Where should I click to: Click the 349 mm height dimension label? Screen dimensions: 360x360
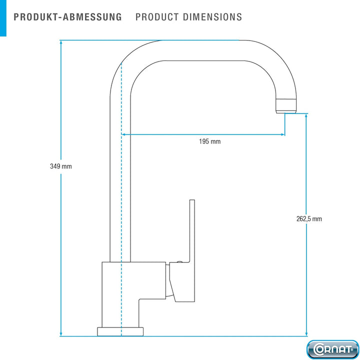click(61, 166)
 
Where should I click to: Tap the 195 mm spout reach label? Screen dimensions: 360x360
click(210, 141)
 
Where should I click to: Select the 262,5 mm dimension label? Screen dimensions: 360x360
click(309, 219)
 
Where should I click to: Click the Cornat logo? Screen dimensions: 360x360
click(332, 349)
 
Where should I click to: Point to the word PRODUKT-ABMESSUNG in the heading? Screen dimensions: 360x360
click(67, 17)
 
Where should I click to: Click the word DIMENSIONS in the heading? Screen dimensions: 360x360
click(212, 17)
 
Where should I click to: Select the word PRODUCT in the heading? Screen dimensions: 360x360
click(157, 17)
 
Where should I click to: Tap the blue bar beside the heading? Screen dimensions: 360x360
click(3, 18)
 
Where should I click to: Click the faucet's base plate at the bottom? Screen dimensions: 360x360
click(120, 331)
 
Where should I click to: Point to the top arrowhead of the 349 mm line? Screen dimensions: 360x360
click(61, 42)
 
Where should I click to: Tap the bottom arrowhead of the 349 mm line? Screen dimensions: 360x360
click(61, 333)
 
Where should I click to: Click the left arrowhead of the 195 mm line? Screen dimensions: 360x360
click(123, 134)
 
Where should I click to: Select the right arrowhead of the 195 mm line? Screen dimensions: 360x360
click(282, 134)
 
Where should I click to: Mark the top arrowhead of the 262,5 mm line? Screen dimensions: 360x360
click(306, 116)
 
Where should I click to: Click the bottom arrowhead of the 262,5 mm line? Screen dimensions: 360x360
click(306, 333)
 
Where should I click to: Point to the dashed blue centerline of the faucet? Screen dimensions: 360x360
click(121, 199)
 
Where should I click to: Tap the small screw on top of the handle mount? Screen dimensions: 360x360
click(179, 261)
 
